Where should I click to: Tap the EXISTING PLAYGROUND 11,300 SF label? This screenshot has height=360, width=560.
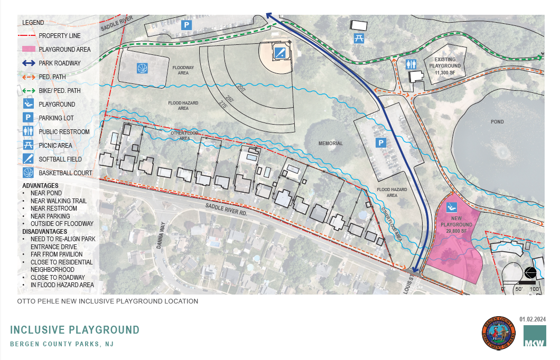pyautogui.click(x=445, y=66)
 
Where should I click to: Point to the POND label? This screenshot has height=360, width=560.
pyautogui.click(x=497, y=122)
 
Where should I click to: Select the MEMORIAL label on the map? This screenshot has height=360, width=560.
pyautogui.click(x=331, y=144)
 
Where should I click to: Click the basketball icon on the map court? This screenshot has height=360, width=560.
pyautogui.click(x=142, y=68)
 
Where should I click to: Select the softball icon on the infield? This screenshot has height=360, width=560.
pyautogui.click(x=281, y=52)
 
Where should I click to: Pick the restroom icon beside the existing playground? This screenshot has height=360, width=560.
pyautogui.click(x=412, y=64)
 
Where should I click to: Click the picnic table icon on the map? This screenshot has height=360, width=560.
pyautogui.click(x=359, y=38)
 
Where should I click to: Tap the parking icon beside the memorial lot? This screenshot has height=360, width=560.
pyautogui.click(x=379, y=143)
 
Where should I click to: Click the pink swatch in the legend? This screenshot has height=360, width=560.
pyautogui.click(x=29, y=49)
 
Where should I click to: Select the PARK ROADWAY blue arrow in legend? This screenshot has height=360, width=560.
pyautogui.click(x=29, y=63)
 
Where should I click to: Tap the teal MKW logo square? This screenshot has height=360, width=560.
pyautogui.click(x=535, y=336)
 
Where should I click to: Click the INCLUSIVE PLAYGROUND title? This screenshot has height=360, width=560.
pyautogui.click(x=74, y=330)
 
